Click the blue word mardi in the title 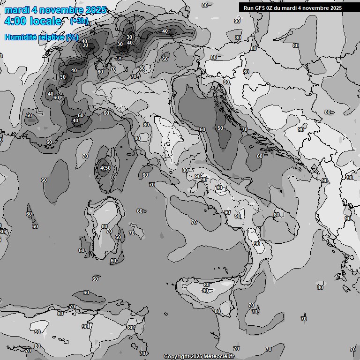17,10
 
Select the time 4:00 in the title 15,21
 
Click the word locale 45,21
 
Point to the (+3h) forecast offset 78,21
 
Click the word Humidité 21,37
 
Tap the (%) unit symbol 72,37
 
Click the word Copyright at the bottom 176,357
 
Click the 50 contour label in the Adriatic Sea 220,128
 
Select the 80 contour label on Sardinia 104,226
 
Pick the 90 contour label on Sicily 205,291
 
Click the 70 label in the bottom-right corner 352,349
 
